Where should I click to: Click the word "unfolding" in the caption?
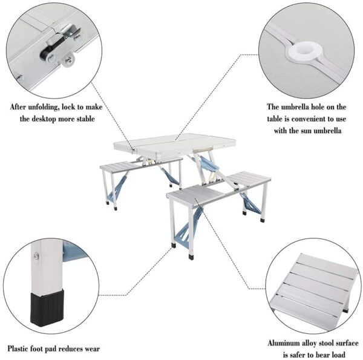tap(53, 107)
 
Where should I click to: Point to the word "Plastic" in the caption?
tap(19, 349)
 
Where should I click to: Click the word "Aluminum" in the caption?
tap(286, 343)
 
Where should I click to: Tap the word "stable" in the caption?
tap(85, 119)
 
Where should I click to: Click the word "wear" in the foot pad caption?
tap(91, 349)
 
